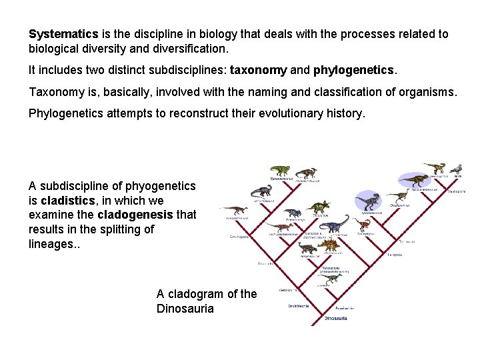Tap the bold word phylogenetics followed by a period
tap(354, 69)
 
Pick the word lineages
tap(52, 244)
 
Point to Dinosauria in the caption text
tap(185, 309)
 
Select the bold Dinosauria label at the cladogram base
tap(335, 319)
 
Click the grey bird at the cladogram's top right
tap(457, 169)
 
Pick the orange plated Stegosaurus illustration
tap(327, 246)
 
